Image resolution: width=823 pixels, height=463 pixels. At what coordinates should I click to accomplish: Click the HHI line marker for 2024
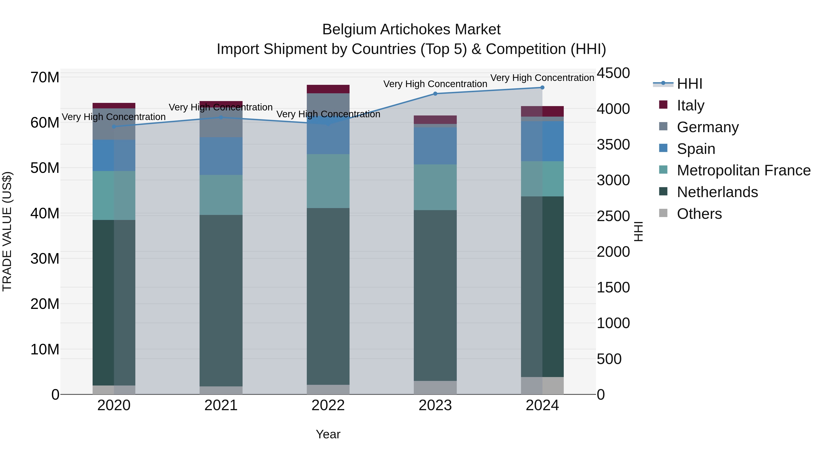pyautogui.click(x=542, y=88)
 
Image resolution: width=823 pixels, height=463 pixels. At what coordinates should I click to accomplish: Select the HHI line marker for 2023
pyautogui.click(x=435, y=94)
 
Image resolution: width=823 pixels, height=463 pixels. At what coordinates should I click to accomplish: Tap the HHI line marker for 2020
pyautogui.click(x=114, y=126)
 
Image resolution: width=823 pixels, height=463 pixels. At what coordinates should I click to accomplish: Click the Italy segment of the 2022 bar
pyautogui.click(x=328, y=89)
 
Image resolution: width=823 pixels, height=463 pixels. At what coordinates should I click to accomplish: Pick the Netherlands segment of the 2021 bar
pyautogui.click(x=221, y=300)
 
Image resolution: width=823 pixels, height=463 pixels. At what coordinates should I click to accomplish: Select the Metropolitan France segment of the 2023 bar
pyautogui.click(x=435, y=187)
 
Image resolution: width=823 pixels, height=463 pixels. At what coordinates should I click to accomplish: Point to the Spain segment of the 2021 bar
pyautogui.click(x=221, y=156)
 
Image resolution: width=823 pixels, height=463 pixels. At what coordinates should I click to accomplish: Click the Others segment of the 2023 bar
pyautogui.click(x=435, y=387)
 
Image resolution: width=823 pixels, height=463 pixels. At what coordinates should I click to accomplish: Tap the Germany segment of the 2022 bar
pyautogui.click(x=328, y=104)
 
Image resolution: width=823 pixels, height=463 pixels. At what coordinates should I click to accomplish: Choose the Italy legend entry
pyautogui.click(x=690, y=105)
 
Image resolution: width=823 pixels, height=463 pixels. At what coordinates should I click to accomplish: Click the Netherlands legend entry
pyautogui.click(x=717, y=192)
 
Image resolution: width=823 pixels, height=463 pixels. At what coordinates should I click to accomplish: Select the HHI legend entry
pyautogui.click(x=689, y=84)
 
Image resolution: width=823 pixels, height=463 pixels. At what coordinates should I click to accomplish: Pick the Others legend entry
pyautogui.click(x=699, y=214)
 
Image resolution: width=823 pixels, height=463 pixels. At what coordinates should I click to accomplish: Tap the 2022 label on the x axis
pyautogui.click(x=328, y=405)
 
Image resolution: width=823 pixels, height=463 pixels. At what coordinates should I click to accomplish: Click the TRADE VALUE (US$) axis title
pyautogui.click(x=7, y=231)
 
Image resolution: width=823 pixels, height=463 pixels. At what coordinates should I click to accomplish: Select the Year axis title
pyautogui.click(x=328, y=434)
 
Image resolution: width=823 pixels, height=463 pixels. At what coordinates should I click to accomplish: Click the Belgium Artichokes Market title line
pyautogui.click(x=411, y=29)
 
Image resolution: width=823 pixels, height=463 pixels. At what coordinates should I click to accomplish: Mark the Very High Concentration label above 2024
pyautogui.click(x=542, y=78)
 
